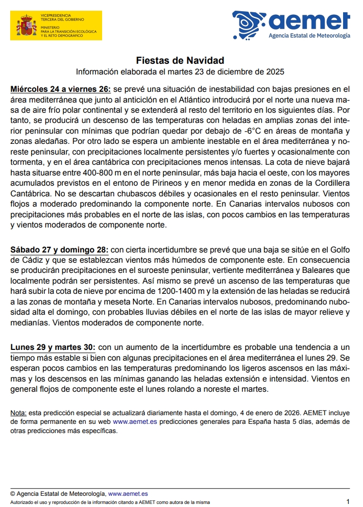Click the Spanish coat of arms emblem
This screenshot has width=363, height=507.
tap(26, 26)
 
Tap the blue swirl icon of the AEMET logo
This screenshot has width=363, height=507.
tap(249, 24)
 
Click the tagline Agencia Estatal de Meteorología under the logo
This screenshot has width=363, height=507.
tap(309, 36)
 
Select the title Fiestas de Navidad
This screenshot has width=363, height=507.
tap(180, 60)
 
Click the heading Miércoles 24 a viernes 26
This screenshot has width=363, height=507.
tap(60, 89)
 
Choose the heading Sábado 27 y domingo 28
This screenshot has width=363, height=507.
tap(59, 250)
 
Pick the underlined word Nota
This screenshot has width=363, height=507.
tap(18, 413)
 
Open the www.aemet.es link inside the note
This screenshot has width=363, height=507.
tap(135, 422)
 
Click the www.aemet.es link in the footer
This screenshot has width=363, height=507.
tap(128, 494)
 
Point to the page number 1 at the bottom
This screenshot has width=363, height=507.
tap(348, 501)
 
